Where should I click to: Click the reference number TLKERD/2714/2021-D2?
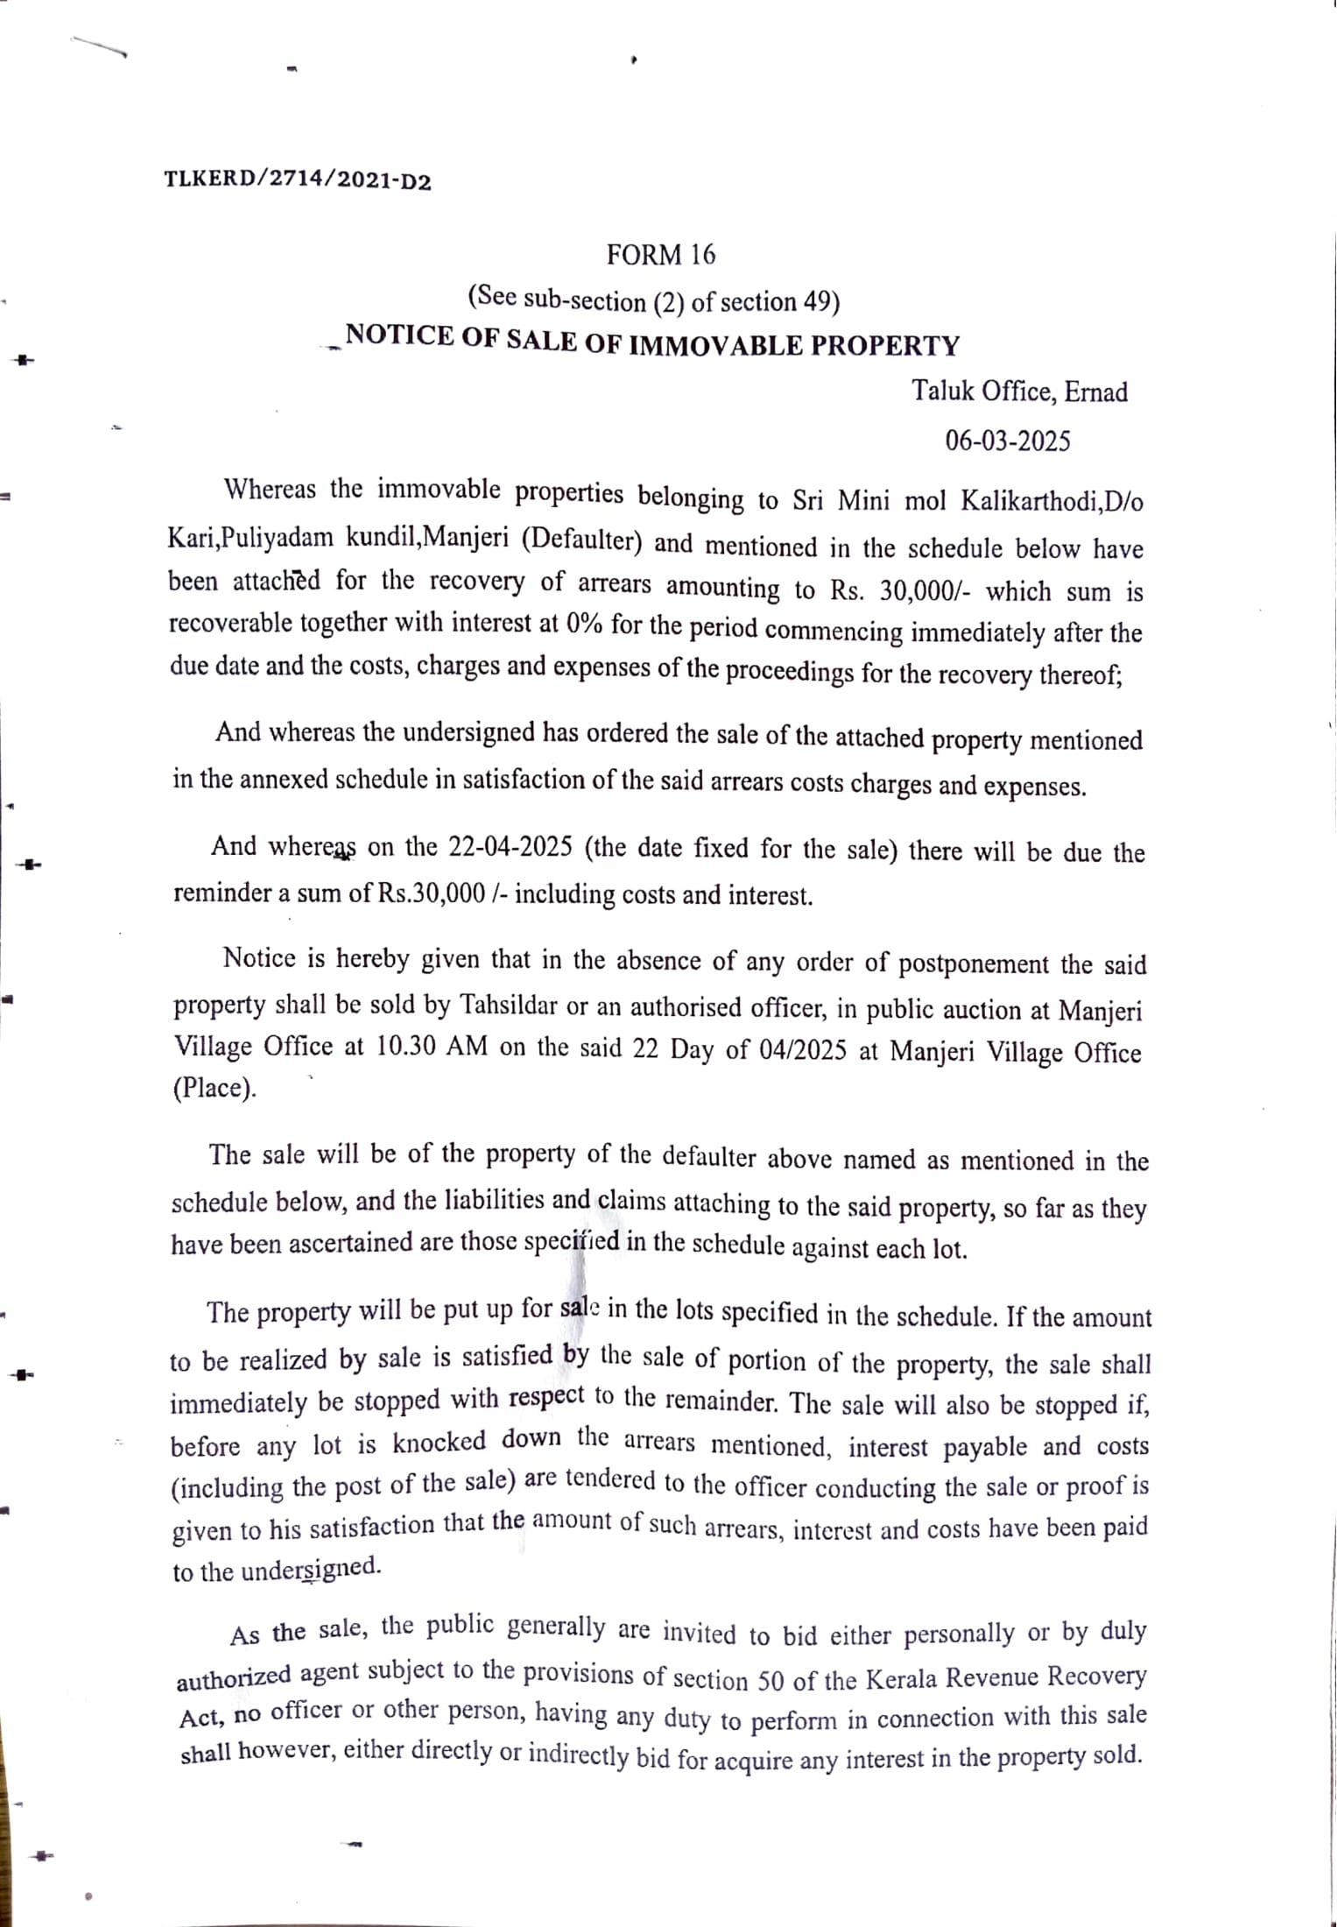pyautogui.click(x=298, y=180)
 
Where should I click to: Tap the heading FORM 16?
pyautogui.click(x=661, y=255)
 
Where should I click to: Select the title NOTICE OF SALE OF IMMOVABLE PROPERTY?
pyautogui.click(x=652, y=341)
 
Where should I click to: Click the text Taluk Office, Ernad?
pyautogui.click(x=1019, y=392)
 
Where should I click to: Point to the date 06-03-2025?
pyautogui.click(x=1007, y=441)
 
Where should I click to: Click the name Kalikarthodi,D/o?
pyautogui.click(x=1052, y=502)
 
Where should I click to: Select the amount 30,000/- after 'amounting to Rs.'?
pyautogui.click(x=925, y=591)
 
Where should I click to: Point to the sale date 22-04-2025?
pyautogui.click(x=510, y=847)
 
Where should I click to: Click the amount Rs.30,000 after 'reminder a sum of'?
pyautogui.click(x=432, y=893)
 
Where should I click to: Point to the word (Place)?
pyautogui.click(x=215, y=1089)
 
